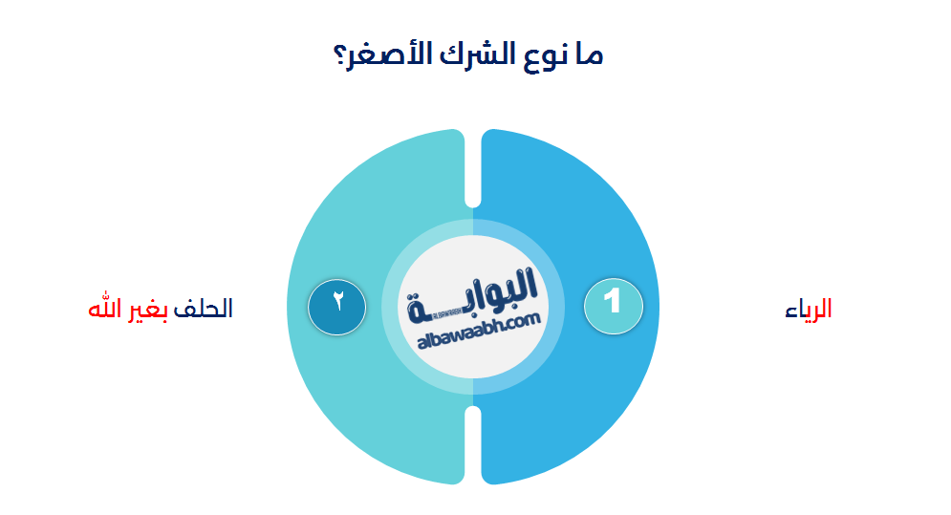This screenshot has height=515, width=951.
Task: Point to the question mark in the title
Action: (x=341, y=54)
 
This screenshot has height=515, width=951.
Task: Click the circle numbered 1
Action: (x=614, y=306)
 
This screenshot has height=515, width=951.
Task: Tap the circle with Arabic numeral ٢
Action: (x=337, y=306)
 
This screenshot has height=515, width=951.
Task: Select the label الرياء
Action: (x=809, y=309)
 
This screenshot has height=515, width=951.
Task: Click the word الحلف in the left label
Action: (x=206, y=309)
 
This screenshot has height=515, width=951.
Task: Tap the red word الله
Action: (x=105, y=309)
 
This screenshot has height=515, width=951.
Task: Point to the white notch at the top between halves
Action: (x=472, y=167)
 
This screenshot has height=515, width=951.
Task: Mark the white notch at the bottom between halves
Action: (x=472, y=444)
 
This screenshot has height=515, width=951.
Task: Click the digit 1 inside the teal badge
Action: (x=614, y=303)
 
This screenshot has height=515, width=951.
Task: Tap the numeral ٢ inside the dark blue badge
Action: (x=337, y=300)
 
